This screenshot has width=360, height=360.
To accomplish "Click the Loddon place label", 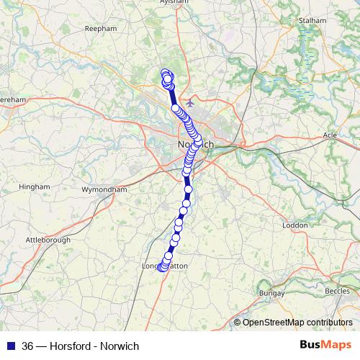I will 295,225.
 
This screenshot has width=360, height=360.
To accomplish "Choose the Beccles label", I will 338,290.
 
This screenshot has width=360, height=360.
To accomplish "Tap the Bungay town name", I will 271,294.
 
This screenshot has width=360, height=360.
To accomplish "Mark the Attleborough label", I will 49,238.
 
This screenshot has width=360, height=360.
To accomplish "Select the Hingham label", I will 35,186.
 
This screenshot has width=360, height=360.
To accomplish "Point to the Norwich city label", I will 194,145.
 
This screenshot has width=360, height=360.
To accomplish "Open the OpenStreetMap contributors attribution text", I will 297,323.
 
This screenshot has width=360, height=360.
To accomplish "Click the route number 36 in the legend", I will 28,346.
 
